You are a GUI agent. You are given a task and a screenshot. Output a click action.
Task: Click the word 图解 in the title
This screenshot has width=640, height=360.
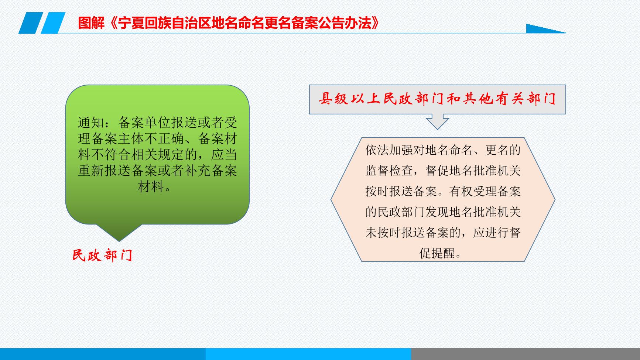[x=91, y=23]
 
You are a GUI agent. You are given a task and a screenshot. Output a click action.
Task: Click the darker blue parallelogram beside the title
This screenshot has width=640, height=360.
[x=31, y=23]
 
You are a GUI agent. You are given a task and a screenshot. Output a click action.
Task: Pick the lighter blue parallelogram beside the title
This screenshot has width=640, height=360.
[x=53, y=23]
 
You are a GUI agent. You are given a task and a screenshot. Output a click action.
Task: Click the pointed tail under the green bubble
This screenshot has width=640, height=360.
[x=119, y=232]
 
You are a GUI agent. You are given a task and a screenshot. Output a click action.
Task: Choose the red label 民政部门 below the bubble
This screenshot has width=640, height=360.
[x=102, y=255]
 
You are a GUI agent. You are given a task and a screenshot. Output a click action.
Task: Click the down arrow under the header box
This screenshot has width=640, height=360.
[x=437, y=121]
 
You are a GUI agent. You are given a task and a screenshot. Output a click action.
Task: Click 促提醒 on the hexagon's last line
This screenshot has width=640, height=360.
[x=437, y=253]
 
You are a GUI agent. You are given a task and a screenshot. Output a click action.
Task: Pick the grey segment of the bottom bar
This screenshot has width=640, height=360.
[x=526, y=354]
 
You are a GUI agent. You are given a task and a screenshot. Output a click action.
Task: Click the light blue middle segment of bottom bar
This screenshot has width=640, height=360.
[x=308, y=354]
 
